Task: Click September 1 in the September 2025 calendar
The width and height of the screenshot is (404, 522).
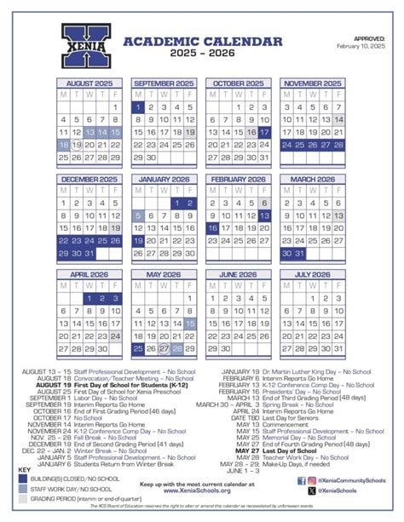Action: [x=137, y=108]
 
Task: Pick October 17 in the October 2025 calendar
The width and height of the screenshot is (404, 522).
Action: [x=265, y=133]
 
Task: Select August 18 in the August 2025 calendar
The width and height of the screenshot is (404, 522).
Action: [x=64, y=146]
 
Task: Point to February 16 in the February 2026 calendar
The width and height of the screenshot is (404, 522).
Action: [x=211, y=229]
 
